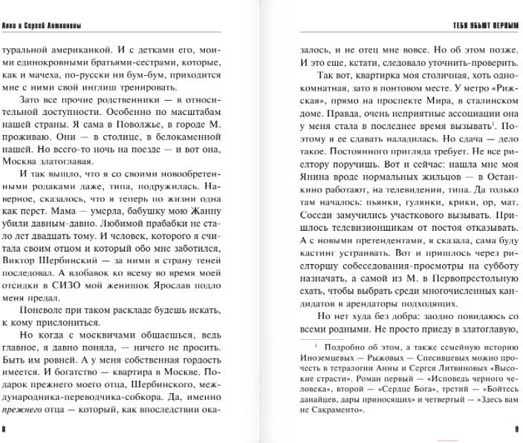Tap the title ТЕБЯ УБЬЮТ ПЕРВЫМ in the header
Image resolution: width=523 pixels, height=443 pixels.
coord(482,26)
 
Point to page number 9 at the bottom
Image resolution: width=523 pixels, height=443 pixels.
coord(516,428)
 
